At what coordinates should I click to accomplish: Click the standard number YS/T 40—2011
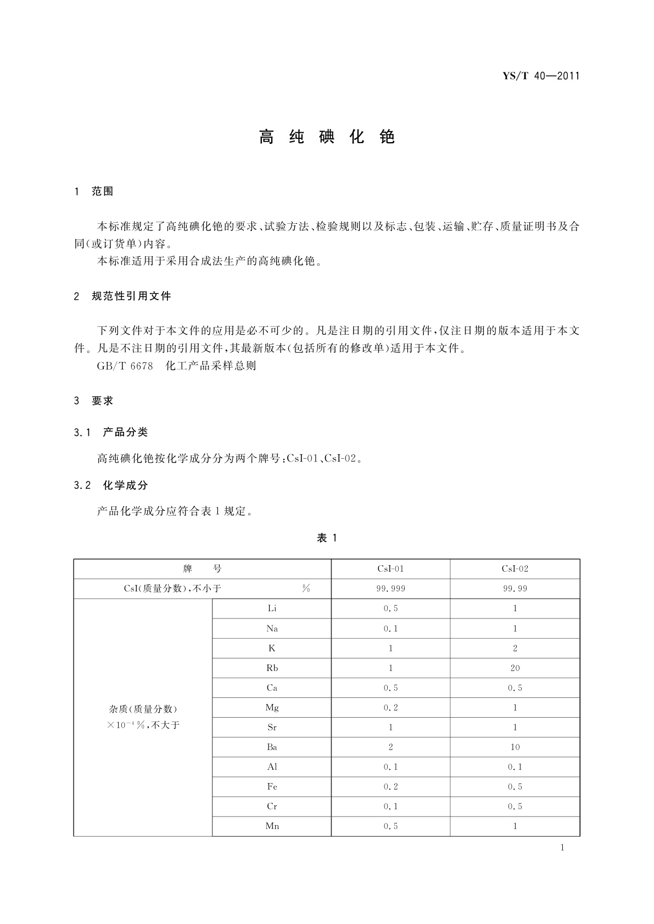click(541, 76)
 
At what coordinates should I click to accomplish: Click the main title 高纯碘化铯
click(327, 137)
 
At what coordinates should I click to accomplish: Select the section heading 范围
click(102, 191)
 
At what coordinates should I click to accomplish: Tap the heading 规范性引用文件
click(131, 296)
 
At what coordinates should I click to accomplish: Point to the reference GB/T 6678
click(125, 366)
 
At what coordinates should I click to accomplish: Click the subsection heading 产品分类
click(125, 432)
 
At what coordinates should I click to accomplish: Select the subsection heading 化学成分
click(125, 486)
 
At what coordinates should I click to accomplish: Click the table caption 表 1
click(327, 538)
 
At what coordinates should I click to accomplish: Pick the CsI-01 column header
click(390, 569)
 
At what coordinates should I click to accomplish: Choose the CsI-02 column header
click(515, 569)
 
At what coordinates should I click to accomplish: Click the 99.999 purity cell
click(390, 589)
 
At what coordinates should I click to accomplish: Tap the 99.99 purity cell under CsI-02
click(515, 589)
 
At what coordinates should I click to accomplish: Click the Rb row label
click(272, 668)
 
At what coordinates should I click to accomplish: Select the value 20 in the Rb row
click(515, 668)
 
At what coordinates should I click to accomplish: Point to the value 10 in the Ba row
click(515, 747)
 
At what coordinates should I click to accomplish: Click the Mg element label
click(272, 708)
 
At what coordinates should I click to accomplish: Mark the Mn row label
click(272, 826)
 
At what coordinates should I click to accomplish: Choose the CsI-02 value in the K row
click(515, 649)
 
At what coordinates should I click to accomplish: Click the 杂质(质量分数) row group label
click(143, 709)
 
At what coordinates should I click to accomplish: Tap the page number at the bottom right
click(562, 848)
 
